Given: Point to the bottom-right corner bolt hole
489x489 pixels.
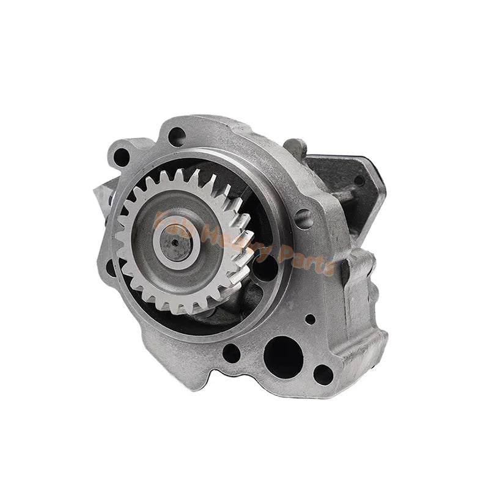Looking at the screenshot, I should point(322,372).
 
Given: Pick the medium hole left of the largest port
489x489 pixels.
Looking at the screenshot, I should point(232,351).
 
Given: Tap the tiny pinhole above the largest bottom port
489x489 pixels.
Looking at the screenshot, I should point(311,318).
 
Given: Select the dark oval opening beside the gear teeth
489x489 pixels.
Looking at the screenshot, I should point(263,269).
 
